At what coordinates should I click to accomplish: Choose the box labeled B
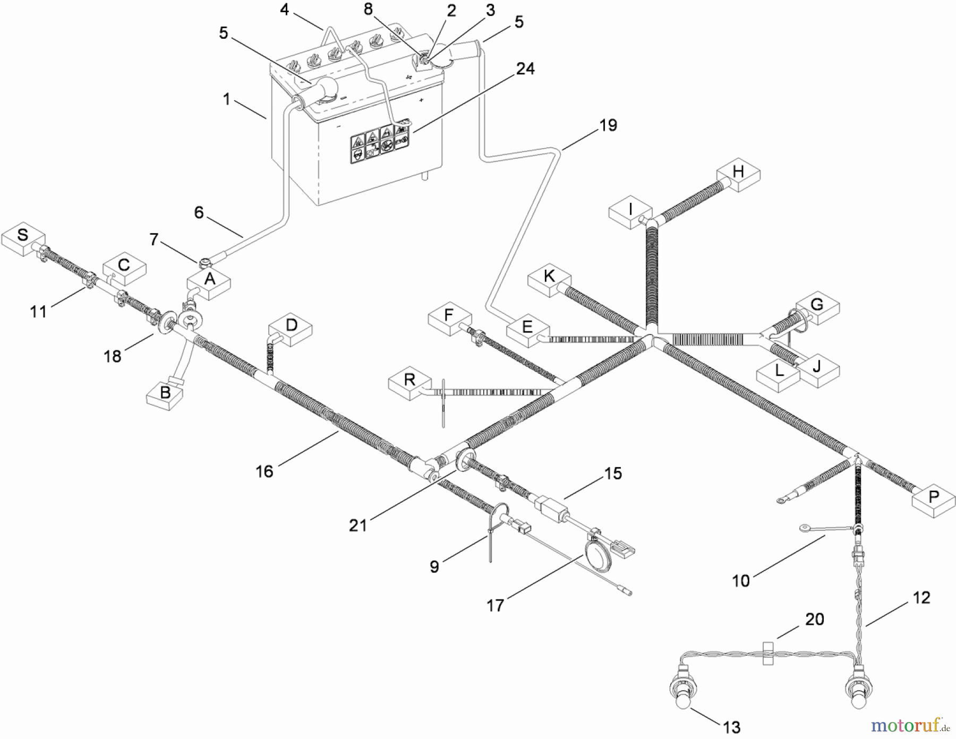[165, 394]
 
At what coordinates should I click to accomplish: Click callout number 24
[525, 69]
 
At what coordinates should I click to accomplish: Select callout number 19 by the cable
[608, 125]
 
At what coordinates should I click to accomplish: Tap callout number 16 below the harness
[264, 471]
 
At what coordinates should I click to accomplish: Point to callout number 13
[732, 727]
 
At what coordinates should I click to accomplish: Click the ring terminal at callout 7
[206, 261]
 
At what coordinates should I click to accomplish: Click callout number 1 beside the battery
[227, 99]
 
